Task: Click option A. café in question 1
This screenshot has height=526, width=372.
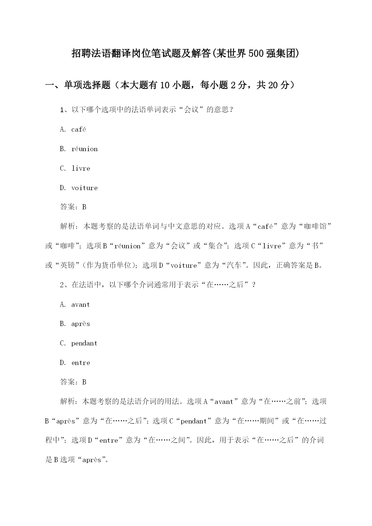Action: tap(73, 130)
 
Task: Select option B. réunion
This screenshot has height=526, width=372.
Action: tap(79, 149)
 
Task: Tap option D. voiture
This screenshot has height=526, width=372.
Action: tap(79, 188)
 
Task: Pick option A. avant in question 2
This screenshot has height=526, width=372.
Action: tap(75, 305)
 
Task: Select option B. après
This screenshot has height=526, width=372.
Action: tap(75, 324)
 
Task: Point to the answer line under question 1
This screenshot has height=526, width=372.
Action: tap(73, 207)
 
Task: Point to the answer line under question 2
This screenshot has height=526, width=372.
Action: tap(73, 382)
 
